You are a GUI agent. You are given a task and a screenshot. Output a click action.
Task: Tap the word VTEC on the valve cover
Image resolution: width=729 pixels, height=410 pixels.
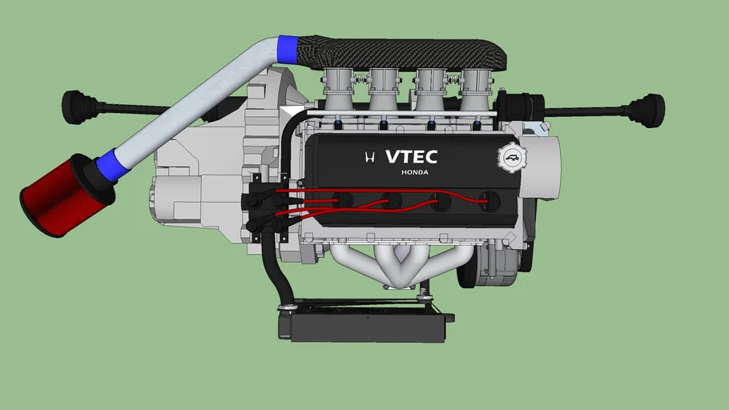(411, 157)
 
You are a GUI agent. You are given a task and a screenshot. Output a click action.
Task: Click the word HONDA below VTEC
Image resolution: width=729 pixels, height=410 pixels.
(415, 172)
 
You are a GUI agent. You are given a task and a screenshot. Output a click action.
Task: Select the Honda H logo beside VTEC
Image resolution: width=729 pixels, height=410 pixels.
(369, 157)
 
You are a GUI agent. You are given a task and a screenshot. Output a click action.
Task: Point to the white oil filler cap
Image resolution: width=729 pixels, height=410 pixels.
(512, 158)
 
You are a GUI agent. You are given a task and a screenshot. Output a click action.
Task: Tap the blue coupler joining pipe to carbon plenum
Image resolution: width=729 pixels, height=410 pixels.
(288, 50)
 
